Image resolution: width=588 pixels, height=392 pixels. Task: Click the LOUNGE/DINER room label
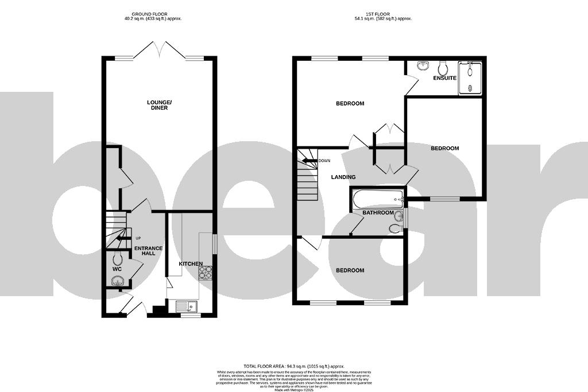(x=159, y=105)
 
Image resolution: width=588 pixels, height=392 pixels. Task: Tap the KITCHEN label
(x=191, y=263)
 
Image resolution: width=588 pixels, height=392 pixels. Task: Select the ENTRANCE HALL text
(x=148, y=251)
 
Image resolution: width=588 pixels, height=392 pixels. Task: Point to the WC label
(x=117, y=269)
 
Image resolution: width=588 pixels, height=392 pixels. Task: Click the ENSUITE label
(x=444, y=77)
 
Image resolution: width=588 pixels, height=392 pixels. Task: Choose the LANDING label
(x=343, y=177)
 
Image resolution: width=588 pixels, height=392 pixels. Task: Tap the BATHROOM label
(x=378, y=213)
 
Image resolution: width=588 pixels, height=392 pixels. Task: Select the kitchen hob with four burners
(x=205, y=273)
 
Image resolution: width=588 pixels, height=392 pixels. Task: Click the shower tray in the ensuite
(x=470, y=77)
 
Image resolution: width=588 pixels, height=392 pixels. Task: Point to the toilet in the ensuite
(x=442, y=66)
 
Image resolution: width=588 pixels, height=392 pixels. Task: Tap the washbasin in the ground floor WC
(x=118, y=281)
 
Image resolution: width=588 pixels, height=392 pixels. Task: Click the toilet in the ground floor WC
(x=117, y=258)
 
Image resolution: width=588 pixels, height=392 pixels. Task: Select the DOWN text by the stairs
(x=324, y=161)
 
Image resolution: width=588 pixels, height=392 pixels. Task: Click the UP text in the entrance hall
(x=138, y=238)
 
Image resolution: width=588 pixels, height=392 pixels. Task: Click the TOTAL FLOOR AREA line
(x=293, y=366)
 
